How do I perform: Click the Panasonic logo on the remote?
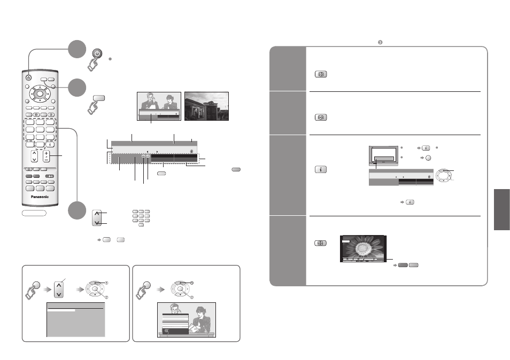pos(40,197)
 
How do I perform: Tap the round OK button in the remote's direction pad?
pos(40,93)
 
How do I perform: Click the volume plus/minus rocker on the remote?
pos(47,156)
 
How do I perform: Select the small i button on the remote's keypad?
pos(50,145)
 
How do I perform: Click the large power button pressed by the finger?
pos(97,53)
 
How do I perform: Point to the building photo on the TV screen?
pos(206,106)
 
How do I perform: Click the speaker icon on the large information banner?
pos(192,151)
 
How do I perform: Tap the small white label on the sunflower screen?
pos(346,241)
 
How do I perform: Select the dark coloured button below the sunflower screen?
pos(403,265)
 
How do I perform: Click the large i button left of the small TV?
pos(321,169)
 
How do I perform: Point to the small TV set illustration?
pos(383,156)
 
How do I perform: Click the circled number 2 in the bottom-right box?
pos(192,297)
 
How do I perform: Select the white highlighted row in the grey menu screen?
pos(61,311)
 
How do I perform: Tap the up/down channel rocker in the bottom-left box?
pos(59,290)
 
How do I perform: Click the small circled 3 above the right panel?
pos(380,42)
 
